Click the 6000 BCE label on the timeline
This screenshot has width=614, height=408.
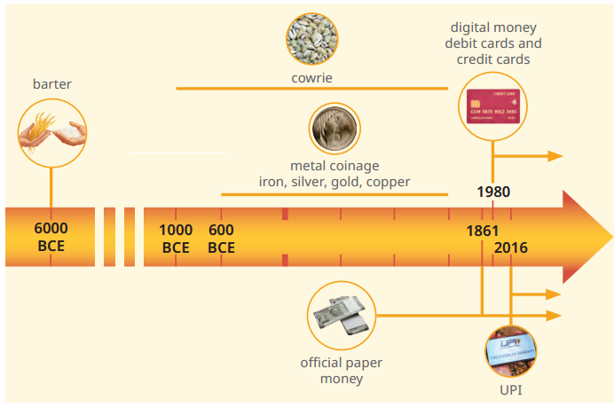coord(51,237)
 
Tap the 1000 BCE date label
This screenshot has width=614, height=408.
coord(176,239)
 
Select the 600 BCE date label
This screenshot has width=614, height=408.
coord(221,239)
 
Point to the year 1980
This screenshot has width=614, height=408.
coord(493,192)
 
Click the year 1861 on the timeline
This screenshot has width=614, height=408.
coord(483,231)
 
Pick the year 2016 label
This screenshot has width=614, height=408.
coord(510,247)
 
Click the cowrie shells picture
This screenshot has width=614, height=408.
coord(312,39)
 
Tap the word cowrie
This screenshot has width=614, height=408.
coord(311,78)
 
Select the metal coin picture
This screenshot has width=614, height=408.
coord(335,129)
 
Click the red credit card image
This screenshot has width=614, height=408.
coord(493,106)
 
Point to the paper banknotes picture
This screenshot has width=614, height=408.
coord(341,315)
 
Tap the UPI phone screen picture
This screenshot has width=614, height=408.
coord(511,351)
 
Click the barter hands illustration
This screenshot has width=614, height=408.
coord(52,133)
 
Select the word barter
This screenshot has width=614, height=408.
coord(52,84)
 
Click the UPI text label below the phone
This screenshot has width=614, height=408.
coord(511,390)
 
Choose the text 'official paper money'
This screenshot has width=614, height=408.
coord(341,371)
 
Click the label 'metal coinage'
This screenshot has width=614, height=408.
coord(335,166)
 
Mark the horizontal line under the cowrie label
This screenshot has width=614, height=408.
coord(312,89)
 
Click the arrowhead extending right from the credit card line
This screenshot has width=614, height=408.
coord(555,156)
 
